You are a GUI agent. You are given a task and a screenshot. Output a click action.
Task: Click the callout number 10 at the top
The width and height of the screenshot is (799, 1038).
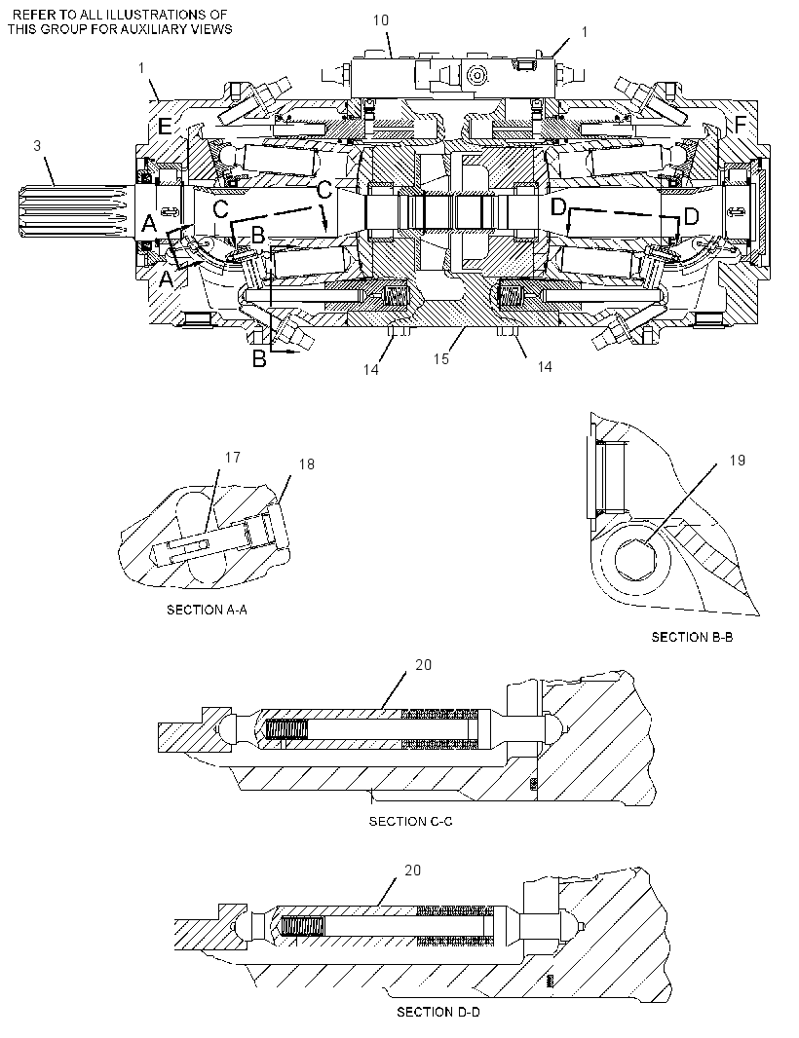(x=381, y=19)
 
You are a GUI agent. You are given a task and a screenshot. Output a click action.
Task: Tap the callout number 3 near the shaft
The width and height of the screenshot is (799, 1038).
(x=37, y=145)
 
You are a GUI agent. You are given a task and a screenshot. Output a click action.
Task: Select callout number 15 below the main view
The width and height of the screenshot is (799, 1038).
(x=441, y=358)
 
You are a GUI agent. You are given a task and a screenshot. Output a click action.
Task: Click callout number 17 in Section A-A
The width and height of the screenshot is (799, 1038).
(x=233, y=457)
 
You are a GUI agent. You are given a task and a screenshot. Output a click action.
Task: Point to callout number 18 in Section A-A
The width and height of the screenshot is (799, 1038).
(x=306, y=464)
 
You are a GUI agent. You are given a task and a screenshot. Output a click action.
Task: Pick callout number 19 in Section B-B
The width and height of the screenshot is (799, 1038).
(x=738, y=460)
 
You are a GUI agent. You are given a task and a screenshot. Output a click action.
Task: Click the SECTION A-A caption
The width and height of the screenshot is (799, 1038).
(x=207, y=610)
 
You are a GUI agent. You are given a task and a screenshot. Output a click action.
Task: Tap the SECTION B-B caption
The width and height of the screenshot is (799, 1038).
(x=693, y=637)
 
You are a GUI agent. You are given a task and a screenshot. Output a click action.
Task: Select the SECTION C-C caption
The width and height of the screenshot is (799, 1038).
(x=411, y=822)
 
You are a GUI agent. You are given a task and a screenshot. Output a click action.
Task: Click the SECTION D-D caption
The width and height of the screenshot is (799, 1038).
(x=438, y=1012)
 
